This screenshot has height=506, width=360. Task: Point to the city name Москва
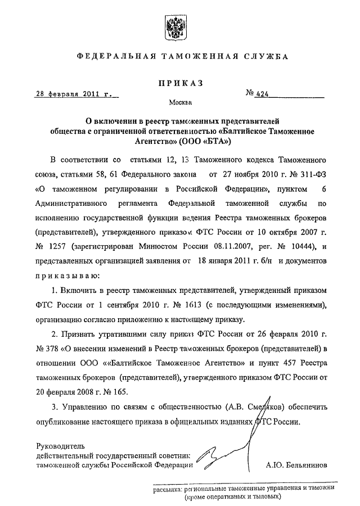tap(180, 103)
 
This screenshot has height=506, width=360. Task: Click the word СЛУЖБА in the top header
tap(265, 57)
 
